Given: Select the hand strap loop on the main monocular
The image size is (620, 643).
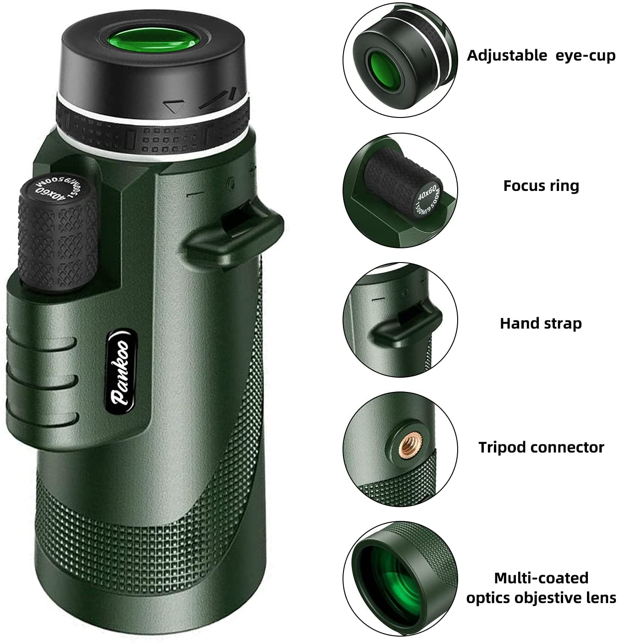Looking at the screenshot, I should [234, 229].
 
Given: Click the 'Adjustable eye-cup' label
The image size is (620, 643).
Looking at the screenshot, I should [541, 56].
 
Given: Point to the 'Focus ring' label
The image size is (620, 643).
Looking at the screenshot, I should [541, 186].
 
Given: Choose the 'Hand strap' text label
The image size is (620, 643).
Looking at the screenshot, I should [541, 324].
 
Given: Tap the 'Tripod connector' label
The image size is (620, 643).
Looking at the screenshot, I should [541, 447].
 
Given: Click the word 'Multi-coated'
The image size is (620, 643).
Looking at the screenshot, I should [541, 578].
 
